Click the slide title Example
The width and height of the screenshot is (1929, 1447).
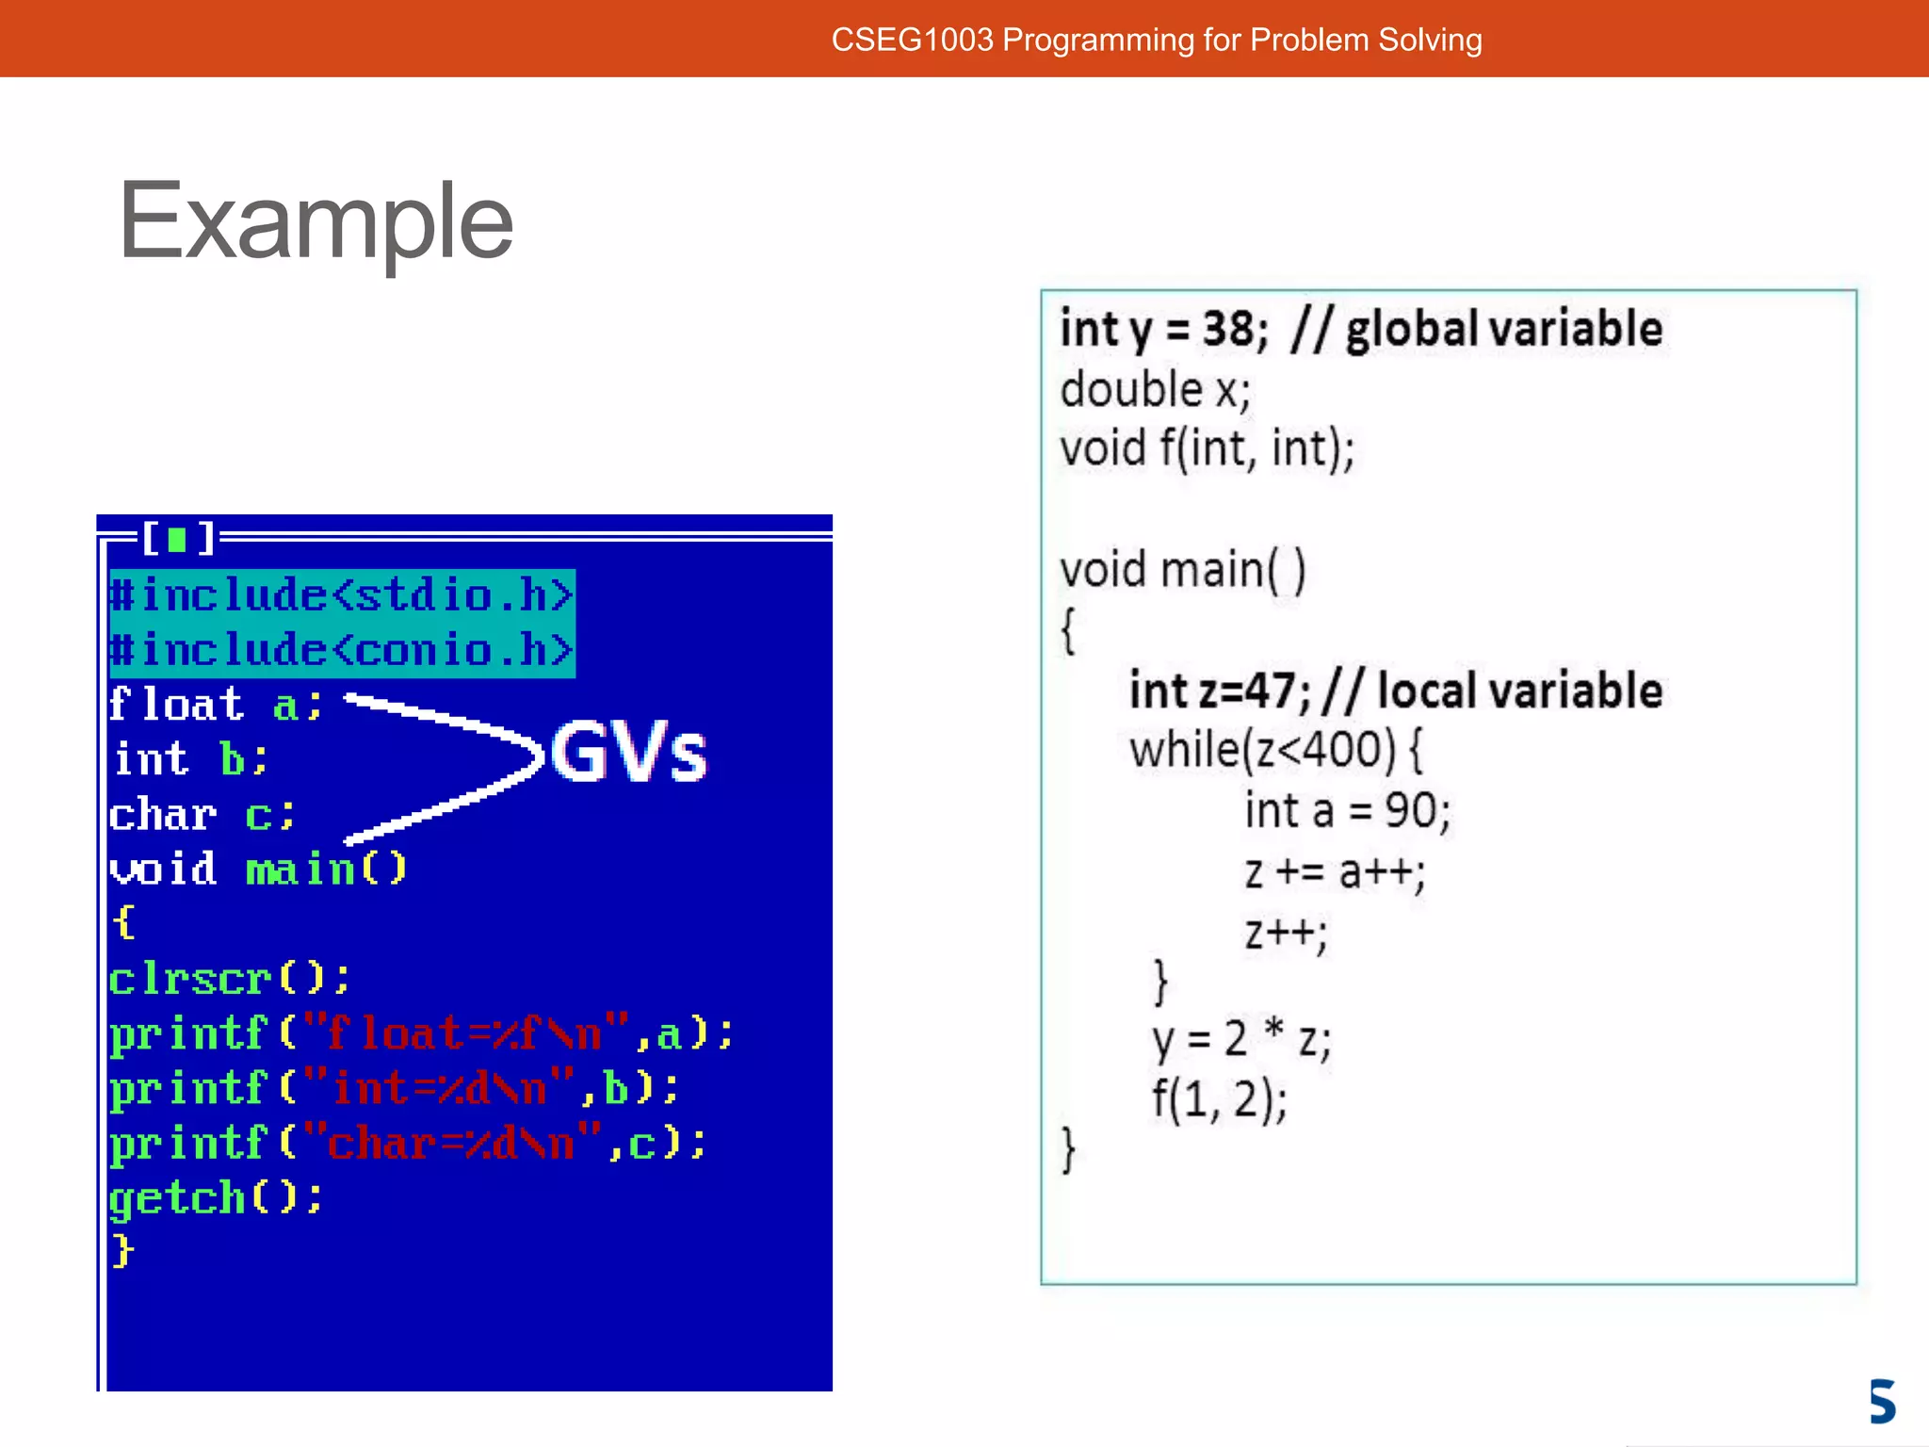[x=316, y=222]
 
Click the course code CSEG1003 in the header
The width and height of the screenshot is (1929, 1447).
[x=912, y=40]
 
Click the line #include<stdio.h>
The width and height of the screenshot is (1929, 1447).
[x=342, y=595]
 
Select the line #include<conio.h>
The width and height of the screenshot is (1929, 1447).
[x=342, y=650]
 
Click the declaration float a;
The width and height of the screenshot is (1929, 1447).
[x=216, y=705]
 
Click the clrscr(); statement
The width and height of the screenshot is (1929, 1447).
[x=229, y=979]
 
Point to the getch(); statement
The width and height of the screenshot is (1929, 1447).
[x=216, y=1198]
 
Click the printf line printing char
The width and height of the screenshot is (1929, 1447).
[x=407, y=1144]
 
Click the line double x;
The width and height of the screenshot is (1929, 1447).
[x=1155, y=390]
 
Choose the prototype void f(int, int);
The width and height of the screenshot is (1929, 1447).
[x=1207, y=448]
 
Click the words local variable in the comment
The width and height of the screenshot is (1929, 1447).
[x=1519, y=691]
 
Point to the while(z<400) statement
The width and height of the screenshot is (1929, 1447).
[x=1276, y=751]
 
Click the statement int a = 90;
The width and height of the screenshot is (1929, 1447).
[x=1347, y=811]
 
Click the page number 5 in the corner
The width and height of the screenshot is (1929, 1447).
[x=1882, y=1401]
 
